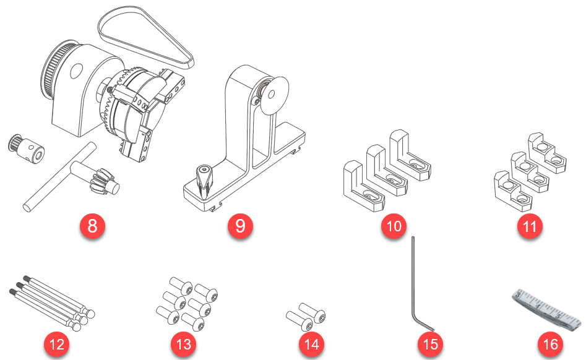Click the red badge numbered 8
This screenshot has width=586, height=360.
point(92,226)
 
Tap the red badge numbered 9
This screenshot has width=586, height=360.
point(240,226)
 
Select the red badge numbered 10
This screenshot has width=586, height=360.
point(394,226)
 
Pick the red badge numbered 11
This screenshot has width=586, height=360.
point(530,226)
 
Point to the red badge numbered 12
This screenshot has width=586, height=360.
point(56,344)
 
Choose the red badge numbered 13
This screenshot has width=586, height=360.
point(183,344)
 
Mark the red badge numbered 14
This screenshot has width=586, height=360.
point(312,344)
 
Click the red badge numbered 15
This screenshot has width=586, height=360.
point(431,344)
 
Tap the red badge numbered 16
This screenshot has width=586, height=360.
point(550,344)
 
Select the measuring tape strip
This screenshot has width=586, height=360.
point(548,307)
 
